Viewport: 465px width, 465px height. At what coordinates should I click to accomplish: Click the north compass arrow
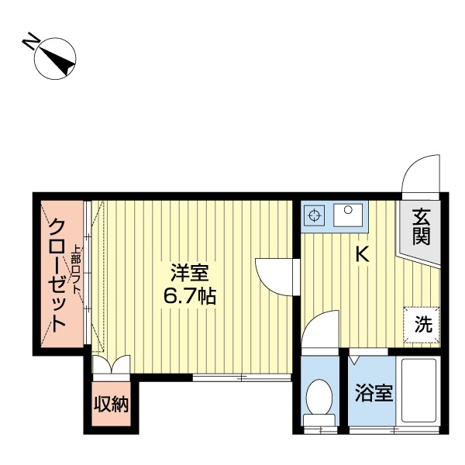tap(57, 58)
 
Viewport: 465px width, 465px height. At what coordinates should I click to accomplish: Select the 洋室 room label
tap(189, 274)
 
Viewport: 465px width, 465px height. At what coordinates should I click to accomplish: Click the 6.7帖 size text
tap(189, 296)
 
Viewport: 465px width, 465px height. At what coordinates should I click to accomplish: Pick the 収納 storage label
tap(112, 405)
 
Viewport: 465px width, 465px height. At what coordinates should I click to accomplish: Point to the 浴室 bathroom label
tap(374, 394)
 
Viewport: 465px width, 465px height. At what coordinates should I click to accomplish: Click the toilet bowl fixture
tap(319, 400)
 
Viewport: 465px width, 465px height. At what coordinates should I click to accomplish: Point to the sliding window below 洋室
tap(241, 377)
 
